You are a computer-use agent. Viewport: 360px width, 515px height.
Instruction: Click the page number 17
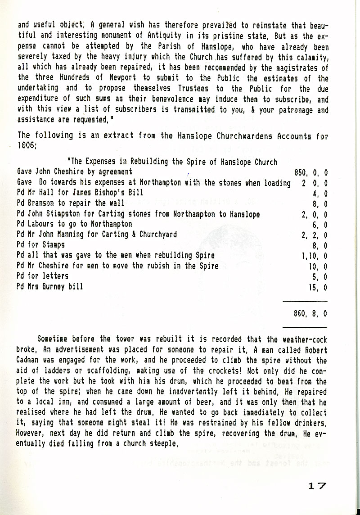click(318, 486)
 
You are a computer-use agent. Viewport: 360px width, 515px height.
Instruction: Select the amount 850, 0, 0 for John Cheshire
click(310, 172)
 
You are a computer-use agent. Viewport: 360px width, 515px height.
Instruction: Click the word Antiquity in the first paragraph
click(148, 36)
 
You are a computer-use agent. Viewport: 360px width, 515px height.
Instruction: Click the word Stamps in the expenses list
click(53, 245)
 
